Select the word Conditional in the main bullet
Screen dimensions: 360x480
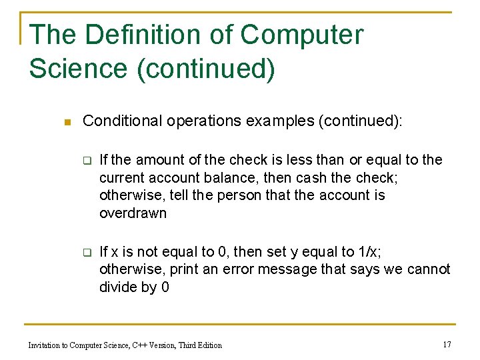[122, 121]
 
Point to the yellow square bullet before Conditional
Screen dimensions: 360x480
[65, 122]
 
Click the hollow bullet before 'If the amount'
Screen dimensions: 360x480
[86, 161]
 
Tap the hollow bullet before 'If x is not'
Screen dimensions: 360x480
[86, 253]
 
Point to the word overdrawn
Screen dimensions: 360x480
[133, 213]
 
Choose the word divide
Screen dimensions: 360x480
[119, 287]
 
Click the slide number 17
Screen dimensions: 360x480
[447, 344]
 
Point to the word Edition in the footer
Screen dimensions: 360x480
[208, 345]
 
